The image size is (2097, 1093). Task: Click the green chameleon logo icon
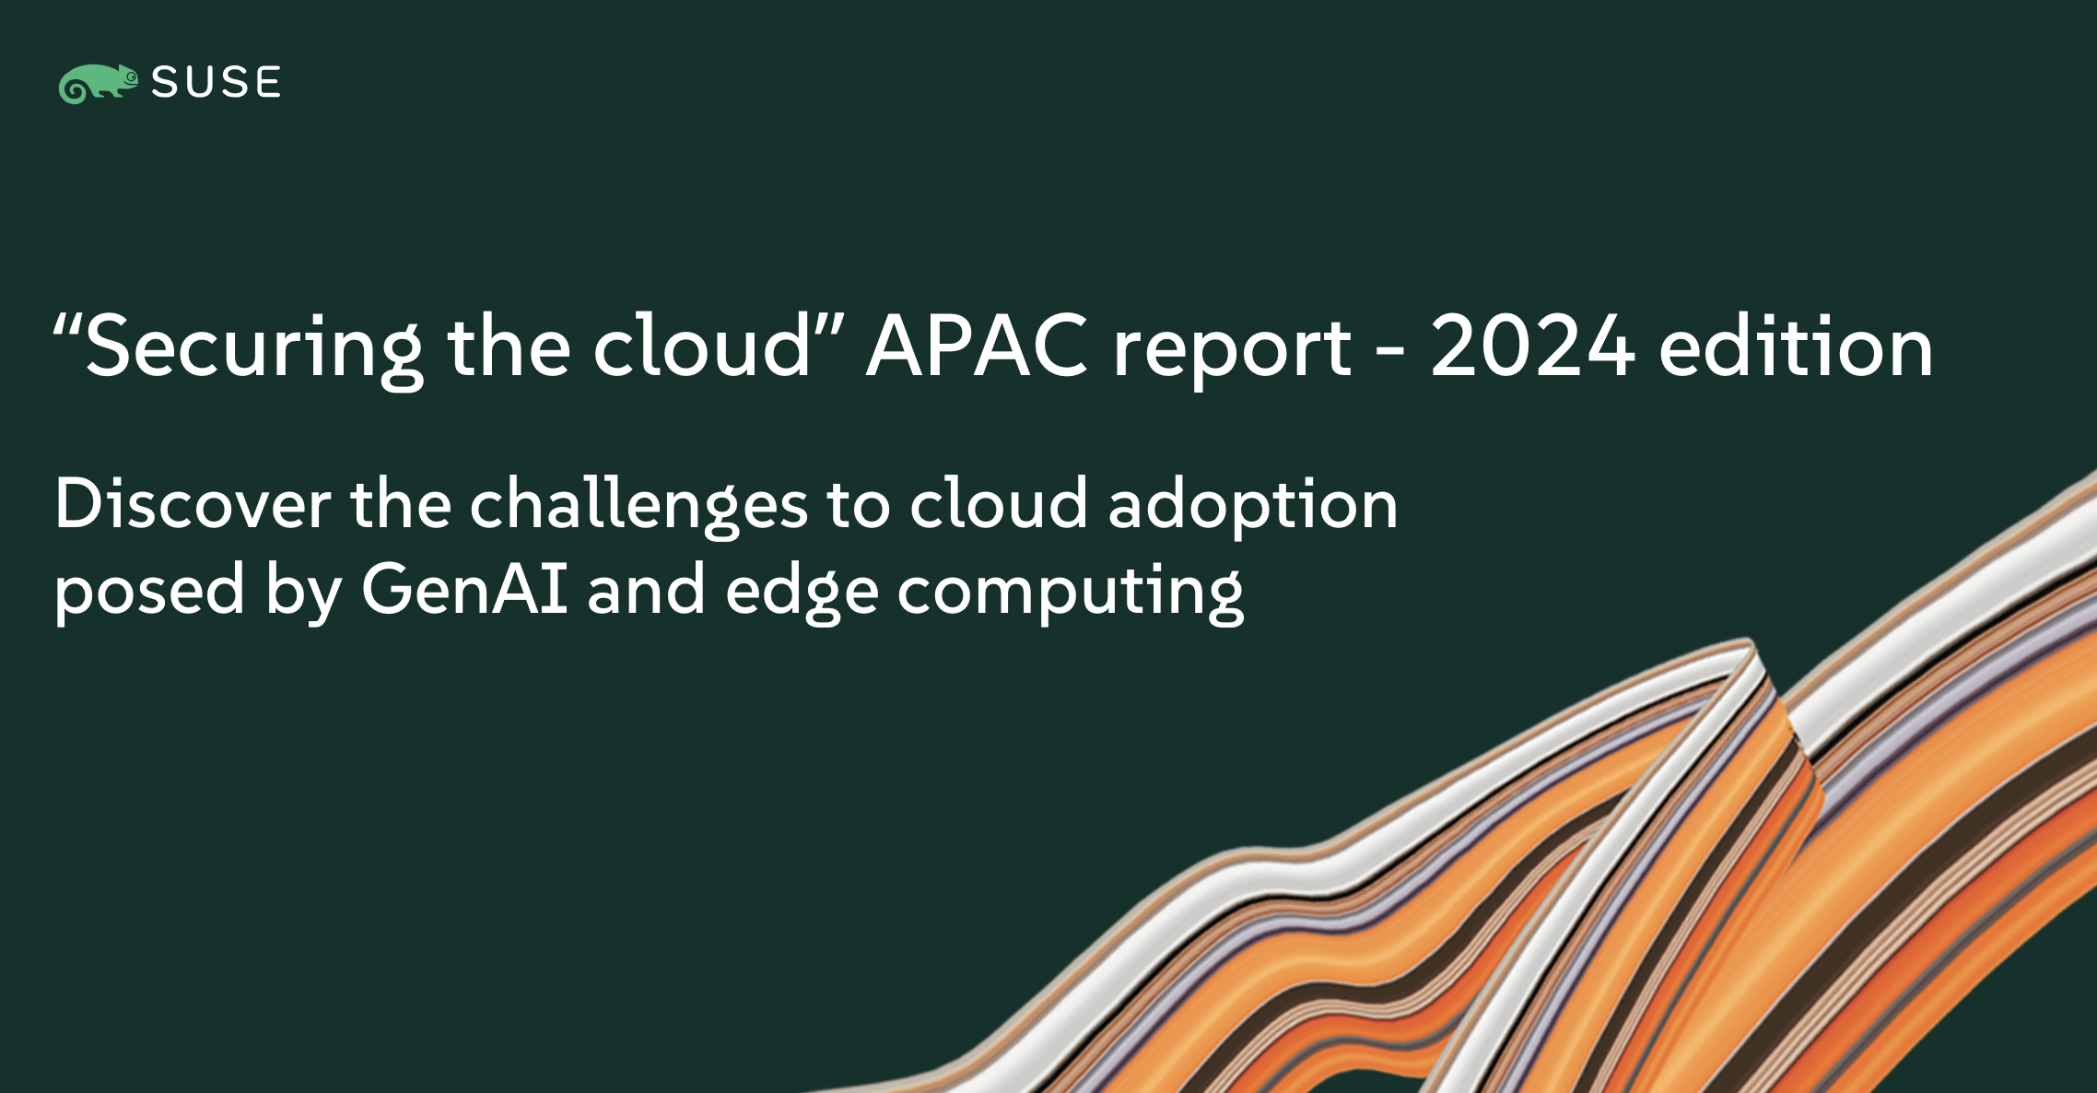coord(98,84)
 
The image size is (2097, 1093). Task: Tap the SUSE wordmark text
coord(217,83)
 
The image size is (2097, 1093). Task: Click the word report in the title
coord(1232,352)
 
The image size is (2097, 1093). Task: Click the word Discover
coord(193,504)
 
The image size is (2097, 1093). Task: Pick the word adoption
coord(1253,508)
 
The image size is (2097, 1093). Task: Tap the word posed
coord(150,593)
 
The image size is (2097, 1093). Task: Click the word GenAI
coord(464,588)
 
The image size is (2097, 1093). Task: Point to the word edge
coord(802,593)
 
